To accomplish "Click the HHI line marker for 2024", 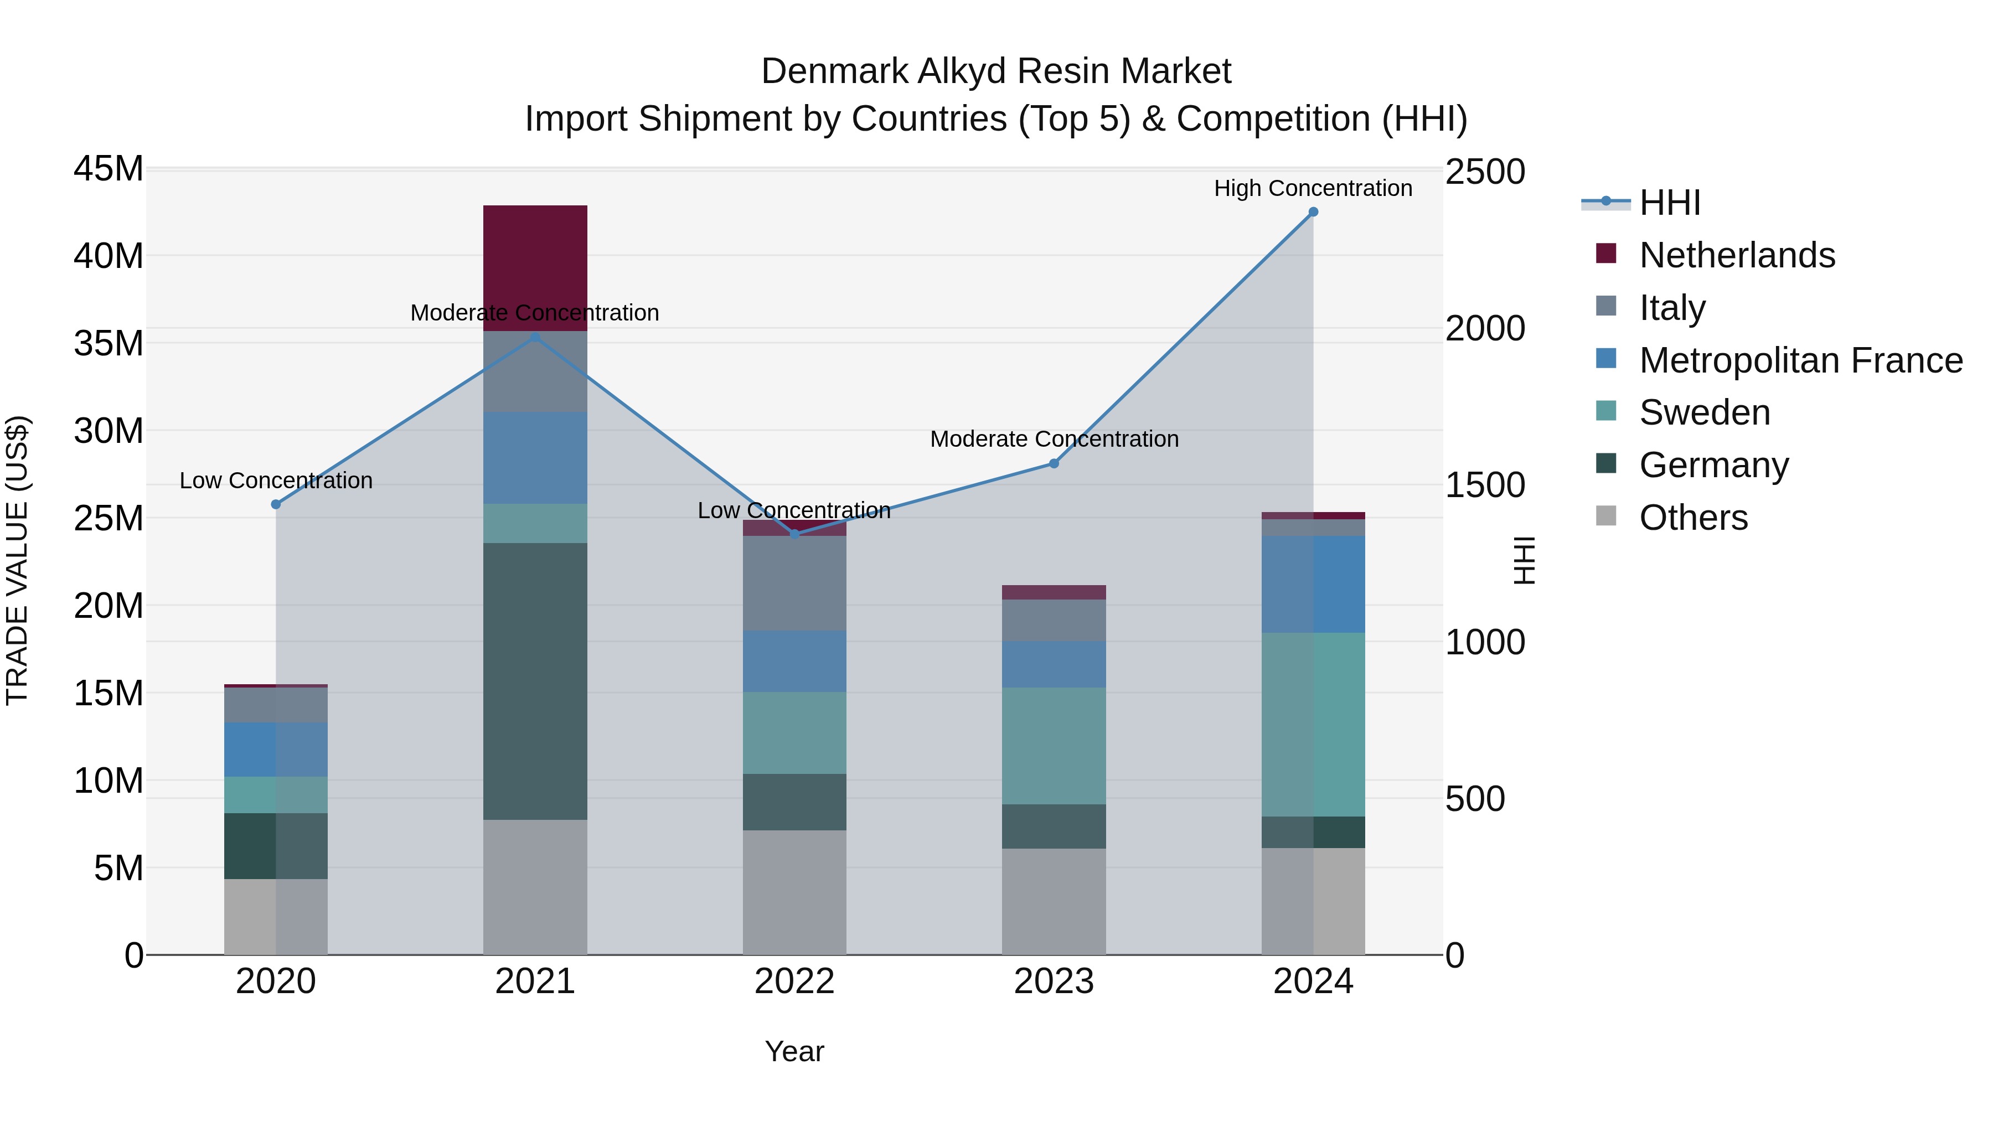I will (x=1313, y=212).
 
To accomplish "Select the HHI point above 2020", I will (x=276, y=504).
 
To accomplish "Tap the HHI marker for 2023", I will (x=1054, y=463).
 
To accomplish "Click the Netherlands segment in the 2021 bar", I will (x=535, y=268).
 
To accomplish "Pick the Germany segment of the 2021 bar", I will (x=535, y=681).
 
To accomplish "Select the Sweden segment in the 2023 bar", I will (x=1054, y=746).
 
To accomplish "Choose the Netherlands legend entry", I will (x=1736, y=255).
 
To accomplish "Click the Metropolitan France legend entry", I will (x=1800, y=360).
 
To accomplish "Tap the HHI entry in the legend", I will (x=1670, y=203).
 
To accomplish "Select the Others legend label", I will (x=1693, y=518).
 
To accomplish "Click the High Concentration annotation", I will (x=1313, y=188).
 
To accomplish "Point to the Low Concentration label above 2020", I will (x=276, y=481).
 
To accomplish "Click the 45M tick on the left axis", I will (x=109, y=169).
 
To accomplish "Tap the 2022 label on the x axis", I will (x=794, y=981).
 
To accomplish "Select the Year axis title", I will (x=794, y=1051).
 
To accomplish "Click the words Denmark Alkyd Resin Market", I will (x=996, y=71).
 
